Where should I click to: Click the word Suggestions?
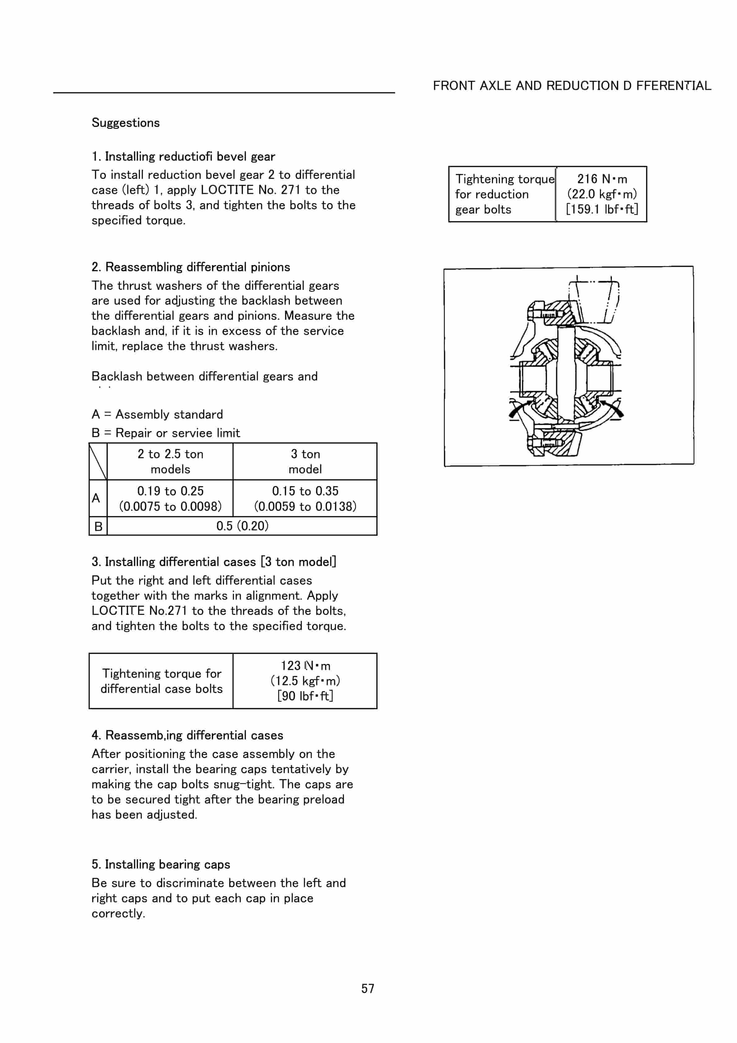(125, 123)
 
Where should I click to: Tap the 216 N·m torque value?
(602, 179)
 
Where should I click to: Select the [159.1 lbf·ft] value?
(602, 209)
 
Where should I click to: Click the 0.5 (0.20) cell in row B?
(242, 526)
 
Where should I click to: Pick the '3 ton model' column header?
(305, 461)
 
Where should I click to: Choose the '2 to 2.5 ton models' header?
(170, 461)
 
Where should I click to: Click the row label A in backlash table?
(96, 498)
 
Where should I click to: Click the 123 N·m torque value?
(305, 666)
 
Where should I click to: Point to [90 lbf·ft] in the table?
(305, 696)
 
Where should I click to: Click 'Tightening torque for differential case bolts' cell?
(161, 681)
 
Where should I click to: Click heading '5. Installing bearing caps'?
(161, 865)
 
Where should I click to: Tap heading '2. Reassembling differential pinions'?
(191, 267)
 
